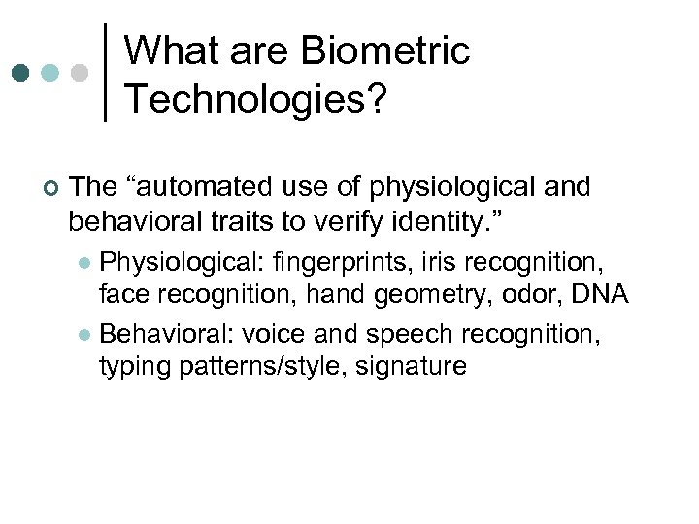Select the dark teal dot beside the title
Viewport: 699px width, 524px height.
pos(21,74)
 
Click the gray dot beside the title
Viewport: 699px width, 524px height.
pos(80,74)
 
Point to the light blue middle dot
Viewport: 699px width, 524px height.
pos(50,74)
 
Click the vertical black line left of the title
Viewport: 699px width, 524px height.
pos(105,73)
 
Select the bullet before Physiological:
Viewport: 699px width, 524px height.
pos(85,263)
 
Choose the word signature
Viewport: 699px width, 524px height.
pos(412,367)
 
